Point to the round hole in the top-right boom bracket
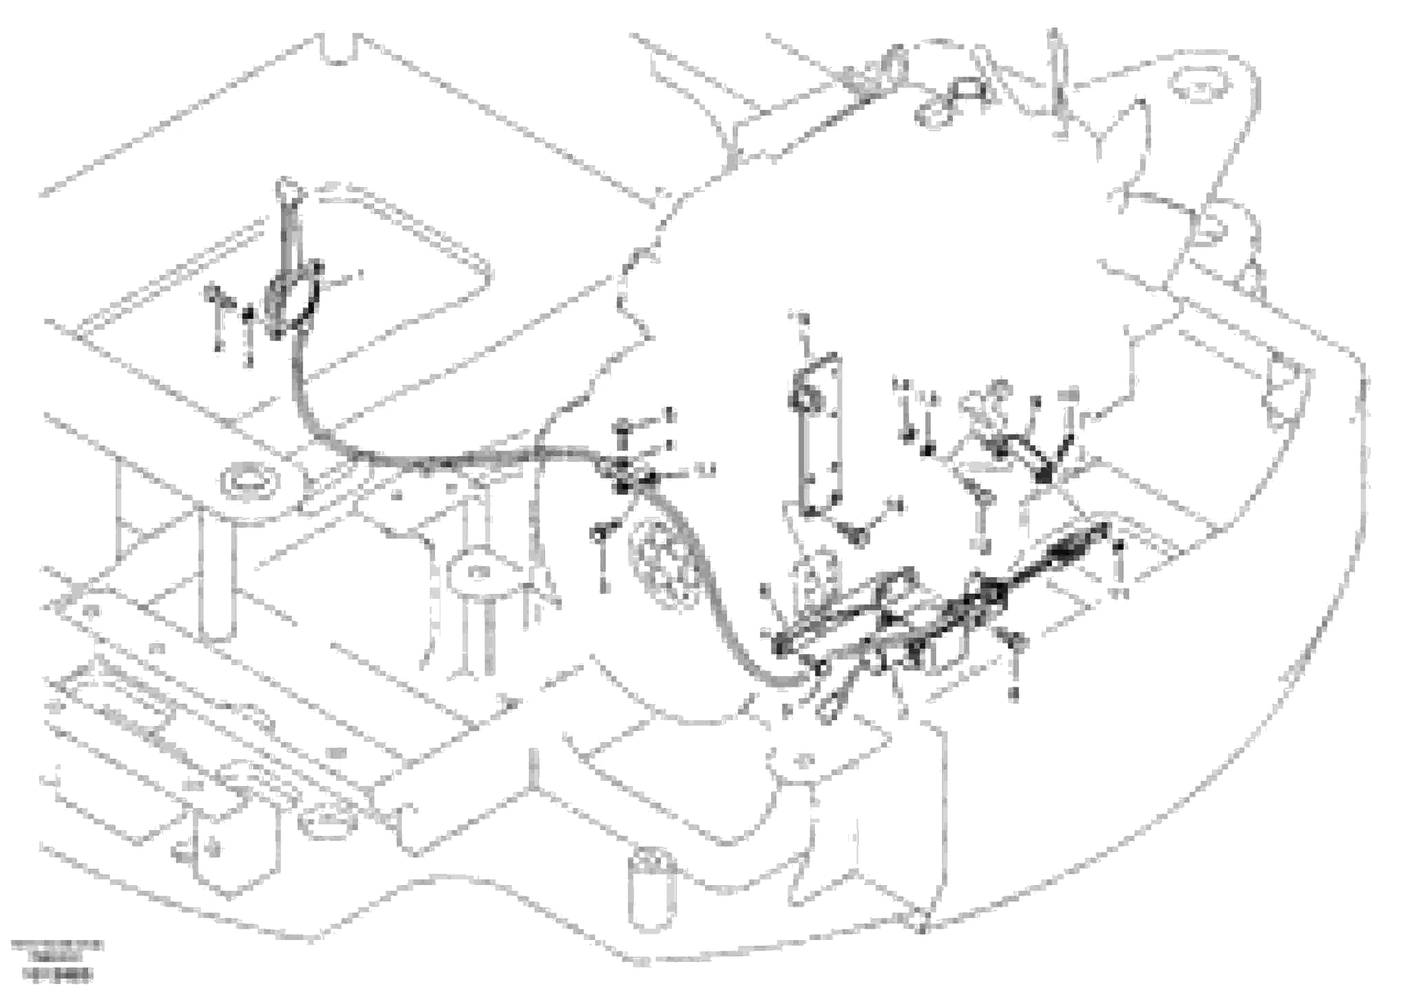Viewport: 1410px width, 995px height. pos(1194,84)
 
